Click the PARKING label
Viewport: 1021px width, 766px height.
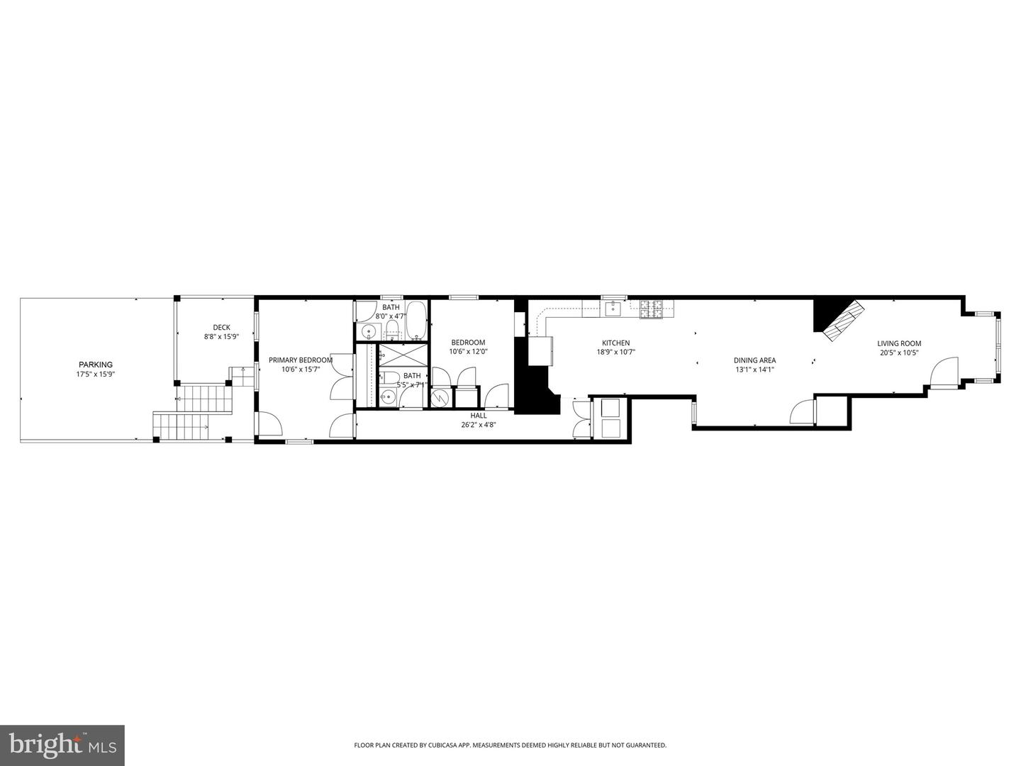click(95, 365)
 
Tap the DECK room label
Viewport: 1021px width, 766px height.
click(221, 327)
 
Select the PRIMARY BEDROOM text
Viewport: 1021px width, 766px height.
click(300, 360)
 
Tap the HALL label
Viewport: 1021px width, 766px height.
click(479, 416)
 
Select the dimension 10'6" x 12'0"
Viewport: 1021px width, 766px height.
click(468, 352)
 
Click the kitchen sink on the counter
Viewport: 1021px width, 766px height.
click(610, 308)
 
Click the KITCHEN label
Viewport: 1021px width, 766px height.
click(615, 343)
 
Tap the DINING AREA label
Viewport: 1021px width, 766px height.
click(754, 360)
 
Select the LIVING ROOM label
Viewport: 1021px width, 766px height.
click(899, 343)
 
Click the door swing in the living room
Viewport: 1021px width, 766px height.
click(944, 372)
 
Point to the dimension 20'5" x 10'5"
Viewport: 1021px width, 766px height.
click(899, 353)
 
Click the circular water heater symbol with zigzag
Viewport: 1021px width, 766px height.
click(440, 398)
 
